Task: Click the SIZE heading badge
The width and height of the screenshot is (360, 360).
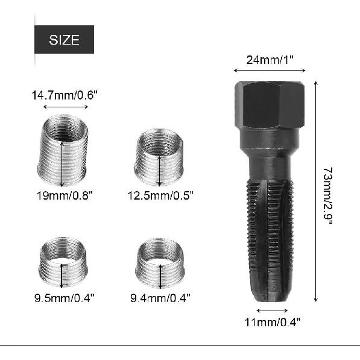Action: pos(64,40)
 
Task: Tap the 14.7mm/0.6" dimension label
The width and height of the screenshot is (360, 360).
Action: pos(65,95)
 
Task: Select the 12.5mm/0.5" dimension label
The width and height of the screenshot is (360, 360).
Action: pos(160,195)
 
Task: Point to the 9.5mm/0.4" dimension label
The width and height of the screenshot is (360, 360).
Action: pos(65,297)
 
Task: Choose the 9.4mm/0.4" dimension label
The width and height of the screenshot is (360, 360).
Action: pos(160,297)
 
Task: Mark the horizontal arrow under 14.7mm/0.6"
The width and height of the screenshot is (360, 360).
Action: pos(65,107)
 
